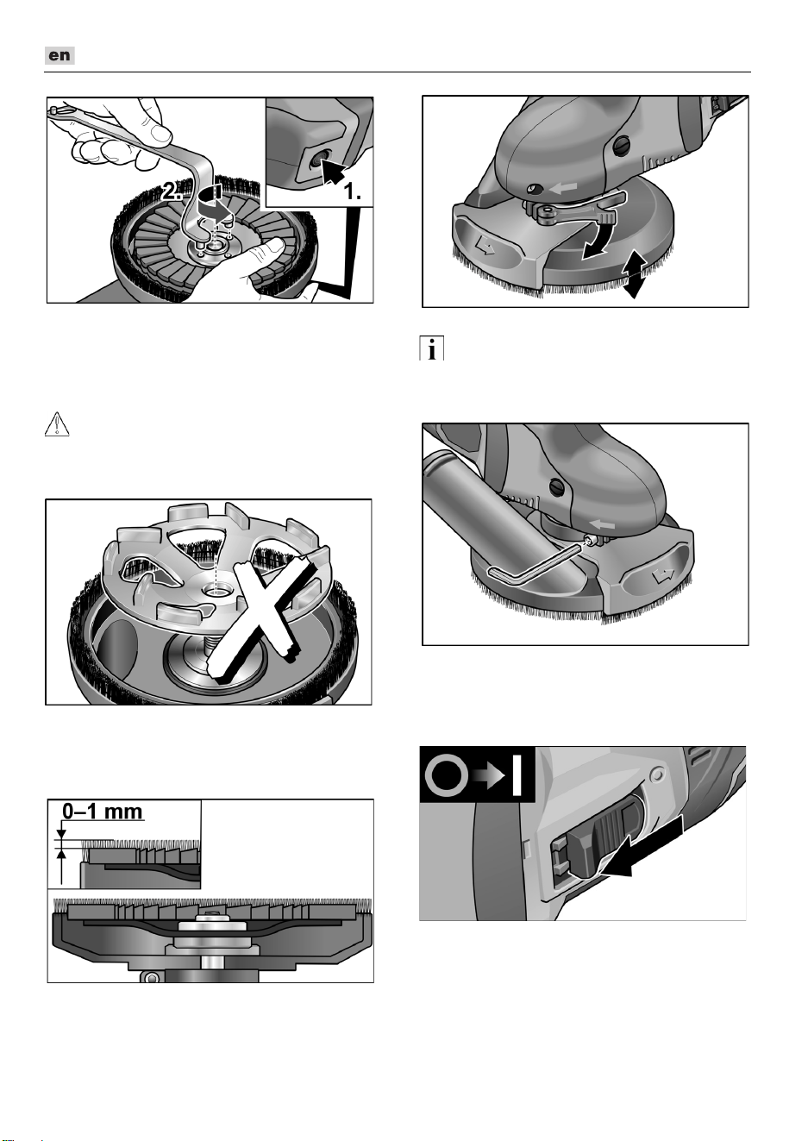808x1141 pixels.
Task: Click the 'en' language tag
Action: coord(60,55)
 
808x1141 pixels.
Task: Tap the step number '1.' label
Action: coord(352,191)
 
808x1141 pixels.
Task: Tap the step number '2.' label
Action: coord(172,191)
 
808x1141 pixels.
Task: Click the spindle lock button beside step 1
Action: coord(316,160)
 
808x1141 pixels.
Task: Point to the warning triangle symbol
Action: coord(57,424)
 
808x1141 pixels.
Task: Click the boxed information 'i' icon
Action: coord(431,348)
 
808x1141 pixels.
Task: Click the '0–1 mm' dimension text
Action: coord(103,811)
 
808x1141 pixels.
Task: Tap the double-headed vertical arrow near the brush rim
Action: coord(635,273)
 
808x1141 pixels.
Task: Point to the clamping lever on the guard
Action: coord(576,210)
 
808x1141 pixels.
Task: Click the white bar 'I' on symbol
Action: coord(517,775)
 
